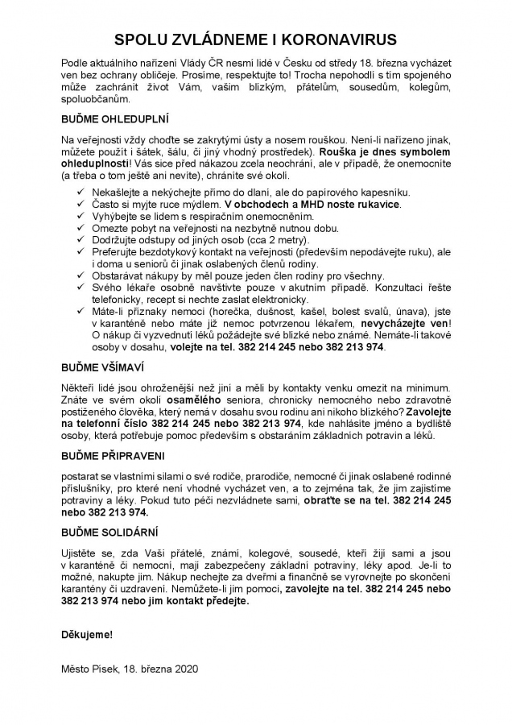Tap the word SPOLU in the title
pos(142,39)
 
